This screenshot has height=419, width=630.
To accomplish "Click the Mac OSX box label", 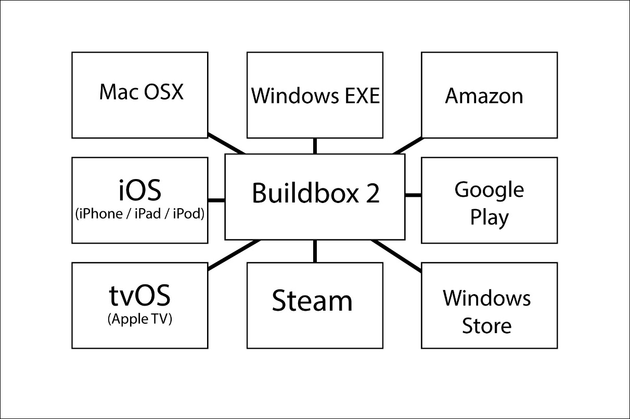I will coord(141,92).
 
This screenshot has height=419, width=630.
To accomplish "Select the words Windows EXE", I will coord(315,96).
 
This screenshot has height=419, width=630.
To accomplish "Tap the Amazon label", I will coord(484,96).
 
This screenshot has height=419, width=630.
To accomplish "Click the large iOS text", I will coord(139,191).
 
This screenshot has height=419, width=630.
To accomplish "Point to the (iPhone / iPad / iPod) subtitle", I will coord(139,214).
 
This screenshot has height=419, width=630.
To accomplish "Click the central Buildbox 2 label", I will coord(316,194).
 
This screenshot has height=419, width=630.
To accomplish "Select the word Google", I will coord(489,190).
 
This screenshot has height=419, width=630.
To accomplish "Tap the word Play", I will coord(489,218).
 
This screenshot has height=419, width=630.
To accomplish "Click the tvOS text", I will coord(139,296).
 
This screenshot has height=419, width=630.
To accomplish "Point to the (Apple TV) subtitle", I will coord(139,319).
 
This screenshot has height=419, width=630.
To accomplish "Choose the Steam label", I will coord(312,301).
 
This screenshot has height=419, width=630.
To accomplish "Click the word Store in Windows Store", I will coord(487,326).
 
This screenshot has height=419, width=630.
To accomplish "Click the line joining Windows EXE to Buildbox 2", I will coord(315,146).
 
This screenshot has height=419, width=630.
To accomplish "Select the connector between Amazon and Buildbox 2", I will coord(408,146).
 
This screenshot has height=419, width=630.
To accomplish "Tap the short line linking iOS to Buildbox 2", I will coord(216,200).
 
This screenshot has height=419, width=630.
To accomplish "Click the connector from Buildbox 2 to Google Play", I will coord(413,195).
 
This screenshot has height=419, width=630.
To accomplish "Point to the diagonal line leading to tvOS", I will coord(234,255).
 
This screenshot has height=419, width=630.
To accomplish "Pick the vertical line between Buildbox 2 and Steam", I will coord(315,251).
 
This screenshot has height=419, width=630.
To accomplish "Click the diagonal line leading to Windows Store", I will coord(397,256).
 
